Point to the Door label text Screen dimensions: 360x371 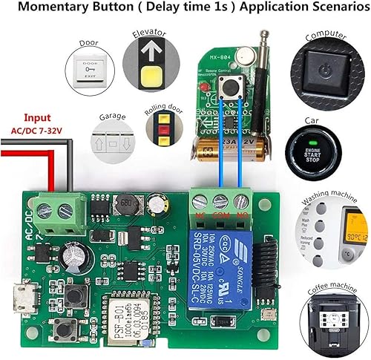pos(89,42)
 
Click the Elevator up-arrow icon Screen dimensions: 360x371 pos(149,69)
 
